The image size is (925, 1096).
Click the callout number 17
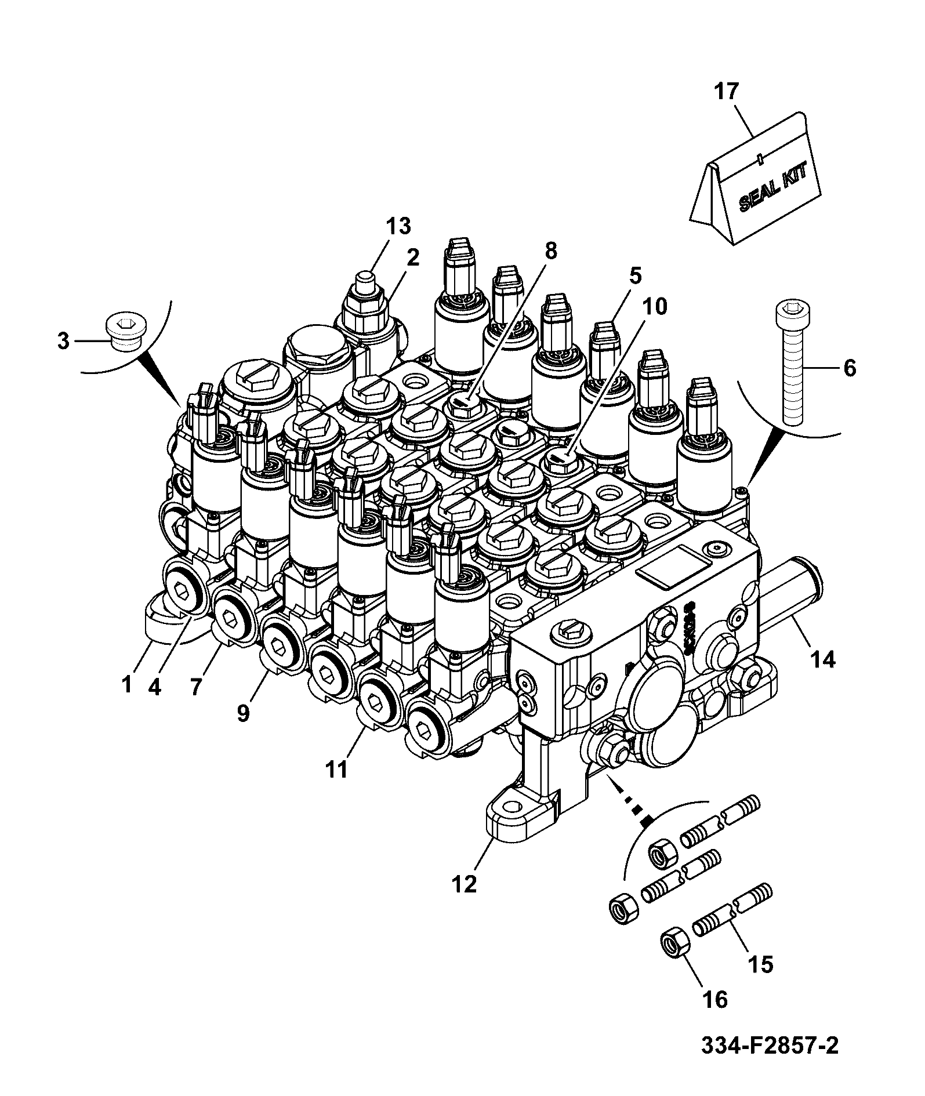pyautogui.click(x=727, y=92)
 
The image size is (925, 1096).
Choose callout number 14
pyautogui.click(x=821, y=659)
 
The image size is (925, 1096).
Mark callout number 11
pyautogui.click(x=336, y=769)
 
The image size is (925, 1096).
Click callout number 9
pyautogui.click(x=242, y=712)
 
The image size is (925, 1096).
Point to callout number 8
pyautogui.click(x=550, y=251)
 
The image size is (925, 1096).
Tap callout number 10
pyautogui.click(x=653, y=306)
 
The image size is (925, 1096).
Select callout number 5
pyautogui.click(x=635, y=277)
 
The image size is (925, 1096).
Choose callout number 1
pyautogui.click(x=127, y=684)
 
